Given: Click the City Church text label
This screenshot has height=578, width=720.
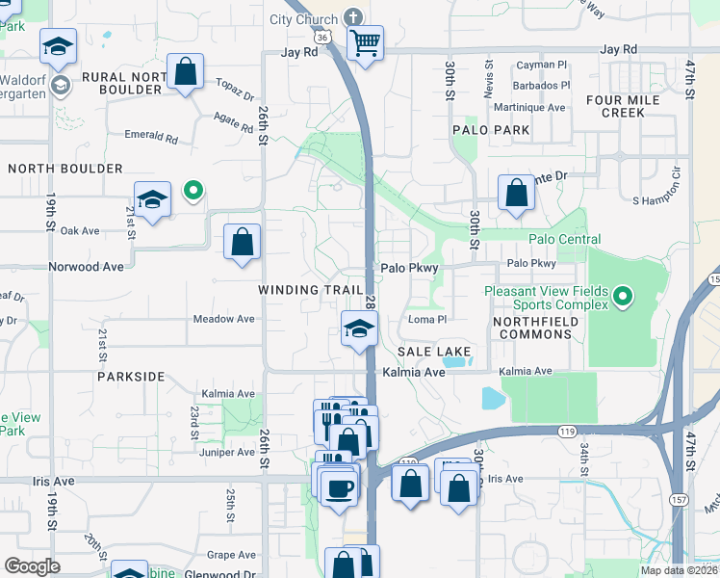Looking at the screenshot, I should (303, 19).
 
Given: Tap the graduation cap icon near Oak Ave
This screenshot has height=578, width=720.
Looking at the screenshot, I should (152, 199).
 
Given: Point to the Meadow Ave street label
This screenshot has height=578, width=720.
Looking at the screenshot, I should (224, 319).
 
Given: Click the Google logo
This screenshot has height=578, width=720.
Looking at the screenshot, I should (32, 566).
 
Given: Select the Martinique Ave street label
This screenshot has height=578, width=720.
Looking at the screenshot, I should (529, 108).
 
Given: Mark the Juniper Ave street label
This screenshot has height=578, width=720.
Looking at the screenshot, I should (225, 452).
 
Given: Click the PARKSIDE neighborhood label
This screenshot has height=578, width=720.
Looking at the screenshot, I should (131, 377).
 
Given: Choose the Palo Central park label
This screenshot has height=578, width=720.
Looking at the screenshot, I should (564, 239).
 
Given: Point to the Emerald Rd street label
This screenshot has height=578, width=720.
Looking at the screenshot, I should (153, 139).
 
